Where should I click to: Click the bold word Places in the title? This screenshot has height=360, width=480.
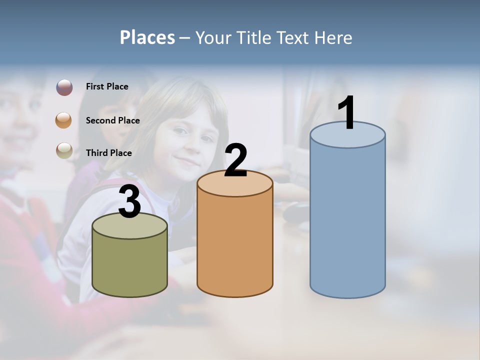tap(147, 37)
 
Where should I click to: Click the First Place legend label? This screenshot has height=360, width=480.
tap(107, 86)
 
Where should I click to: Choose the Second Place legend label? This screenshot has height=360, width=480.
tap(112, 120)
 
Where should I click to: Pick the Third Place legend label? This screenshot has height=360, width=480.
tap(108, 153)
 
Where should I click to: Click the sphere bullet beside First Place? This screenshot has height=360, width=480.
tap(64, 87)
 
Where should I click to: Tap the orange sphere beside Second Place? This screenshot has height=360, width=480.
tap(64, 120)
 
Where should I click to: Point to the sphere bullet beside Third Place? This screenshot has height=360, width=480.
tap(64, 150)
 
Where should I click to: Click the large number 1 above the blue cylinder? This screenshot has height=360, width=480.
tap(346, 113)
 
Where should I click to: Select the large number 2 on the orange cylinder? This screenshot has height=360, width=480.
tap(236, 160)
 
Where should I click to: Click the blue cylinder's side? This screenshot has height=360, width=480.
tap(347, 220)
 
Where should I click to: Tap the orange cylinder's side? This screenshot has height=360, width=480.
tap(235, 245)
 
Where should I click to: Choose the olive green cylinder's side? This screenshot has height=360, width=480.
tap(129, 265)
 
